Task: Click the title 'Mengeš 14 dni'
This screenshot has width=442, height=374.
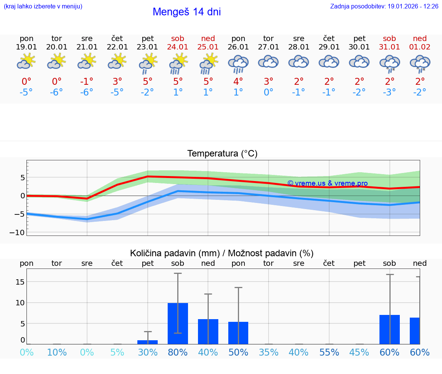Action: (x=186, y=12)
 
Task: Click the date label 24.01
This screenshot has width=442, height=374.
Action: (x=178, y=47)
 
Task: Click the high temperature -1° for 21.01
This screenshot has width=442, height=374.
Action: (x=87, y=81)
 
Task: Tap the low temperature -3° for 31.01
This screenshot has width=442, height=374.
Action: (x=389, y=92)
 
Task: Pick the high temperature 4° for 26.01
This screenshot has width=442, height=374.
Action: (x=238, y=81)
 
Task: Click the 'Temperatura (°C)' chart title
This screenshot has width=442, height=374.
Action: (x=222, y=154)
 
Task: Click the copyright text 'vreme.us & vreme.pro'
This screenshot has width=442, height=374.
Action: (x=328, y=183)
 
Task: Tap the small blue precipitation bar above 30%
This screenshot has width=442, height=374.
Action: (x=148, y=342)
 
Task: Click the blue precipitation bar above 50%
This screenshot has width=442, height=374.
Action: (x=238, y=333)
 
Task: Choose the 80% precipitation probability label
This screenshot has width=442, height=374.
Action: (x=178, y=352)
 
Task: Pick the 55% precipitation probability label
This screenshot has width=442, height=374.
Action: (x=329, y=352)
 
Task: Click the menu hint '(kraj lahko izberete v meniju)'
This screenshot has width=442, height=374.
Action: (x=43, y=6)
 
